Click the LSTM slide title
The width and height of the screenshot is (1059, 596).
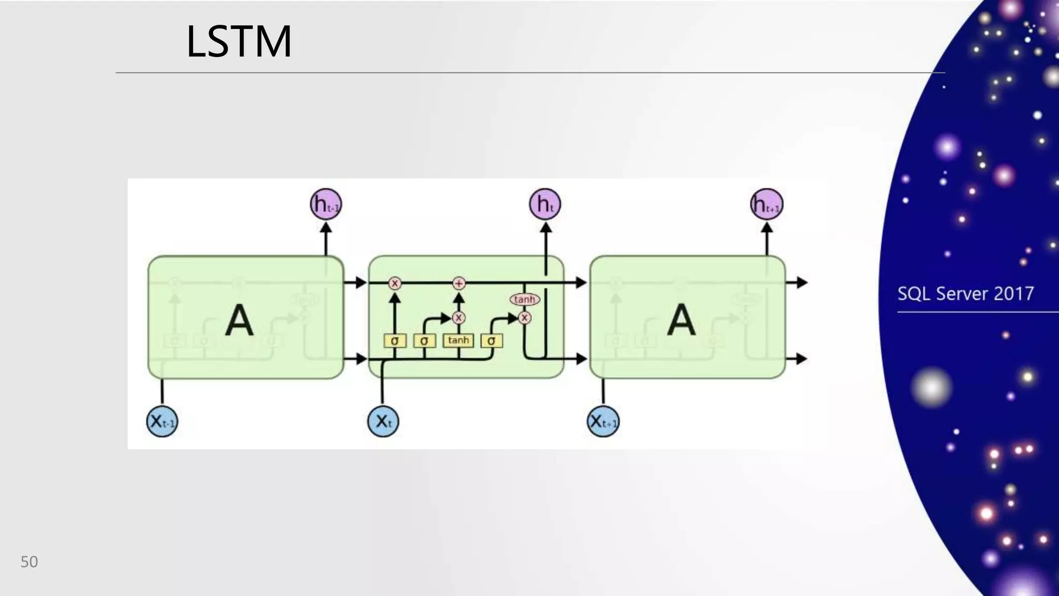tap(239, 41)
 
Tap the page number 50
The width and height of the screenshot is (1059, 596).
tap(29, 562)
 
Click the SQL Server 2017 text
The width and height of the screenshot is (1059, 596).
tap(965, 294)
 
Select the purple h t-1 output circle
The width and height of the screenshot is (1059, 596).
tap(326, 204)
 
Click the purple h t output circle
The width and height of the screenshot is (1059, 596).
tap(545, 204)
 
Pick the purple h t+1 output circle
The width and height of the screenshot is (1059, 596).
tap(766, 204)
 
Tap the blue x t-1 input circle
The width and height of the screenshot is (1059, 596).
tap(162, 422)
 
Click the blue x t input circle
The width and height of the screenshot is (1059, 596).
tap(383, 422)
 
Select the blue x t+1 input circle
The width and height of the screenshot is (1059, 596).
tap(603, 422)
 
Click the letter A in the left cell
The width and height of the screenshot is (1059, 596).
tap(239, 320)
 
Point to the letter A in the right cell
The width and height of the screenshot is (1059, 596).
tap(681, 320)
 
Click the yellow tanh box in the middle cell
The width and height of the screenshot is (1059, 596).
tap(458, 340)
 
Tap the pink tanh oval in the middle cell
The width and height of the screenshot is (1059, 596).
tap(524, 300)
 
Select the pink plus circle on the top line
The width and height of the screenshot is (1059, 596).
tap(459, 283)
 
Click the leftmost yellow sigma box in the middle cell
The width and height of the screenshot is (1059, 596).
tap(395, 341)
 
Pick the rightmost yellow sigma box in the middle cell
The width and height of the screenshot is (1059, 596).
tap(491, 341)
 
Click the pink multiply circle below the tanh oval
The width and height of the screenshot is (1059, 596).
tap(524, 318)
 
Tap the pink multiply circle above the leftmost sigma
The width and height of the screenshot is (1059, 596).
tap(395, 283)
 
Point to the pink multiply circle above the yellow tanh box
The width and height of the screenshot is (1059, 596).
tap(459, 318)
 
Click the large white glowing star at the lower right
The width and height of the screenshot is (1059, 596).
tap(932, 387)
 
